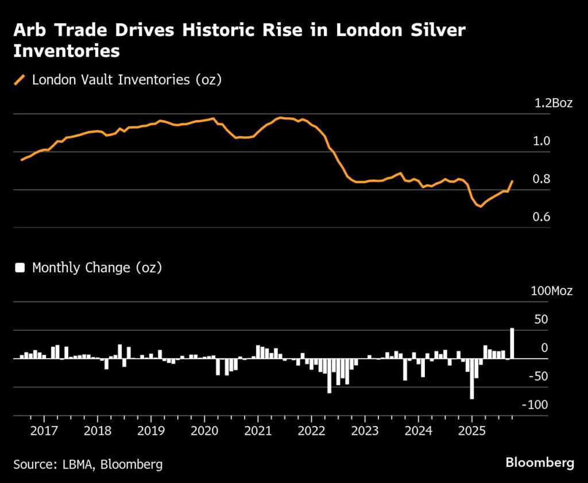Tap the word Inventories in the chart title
[x=67, y=51]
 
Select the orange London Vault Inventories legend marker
[x=20, y=80]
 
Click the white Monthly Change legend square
[x=20, y=268]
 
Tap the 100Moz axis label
[x=551, y=291]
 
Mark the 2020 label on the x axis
[x=204, y=431]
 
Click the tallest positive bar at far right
[x=512, y=343]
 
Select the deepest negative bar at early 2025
[x=472, y=378]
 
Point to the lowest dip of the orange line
[x=479, y=206]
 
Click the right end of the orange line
[x=512, y=181]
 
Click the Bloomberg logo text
[x=540, y=462]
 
